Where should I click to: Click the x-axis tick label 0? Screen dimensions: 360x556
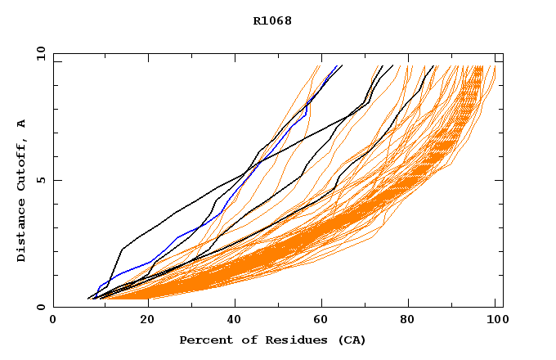pos(53,320)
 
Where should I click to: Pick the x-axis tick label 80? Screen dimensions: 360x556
pos(413,320)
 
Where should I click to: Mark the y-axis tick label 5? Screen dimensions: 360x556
pos(41,180)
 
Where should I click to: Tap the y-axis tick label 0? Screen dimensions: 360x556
pos(41,307)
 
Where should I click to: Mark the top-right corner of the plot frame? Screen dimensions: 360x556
pos(503,53)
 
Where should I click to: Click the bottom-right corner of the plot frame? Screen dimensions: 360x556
pos(503,307)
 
